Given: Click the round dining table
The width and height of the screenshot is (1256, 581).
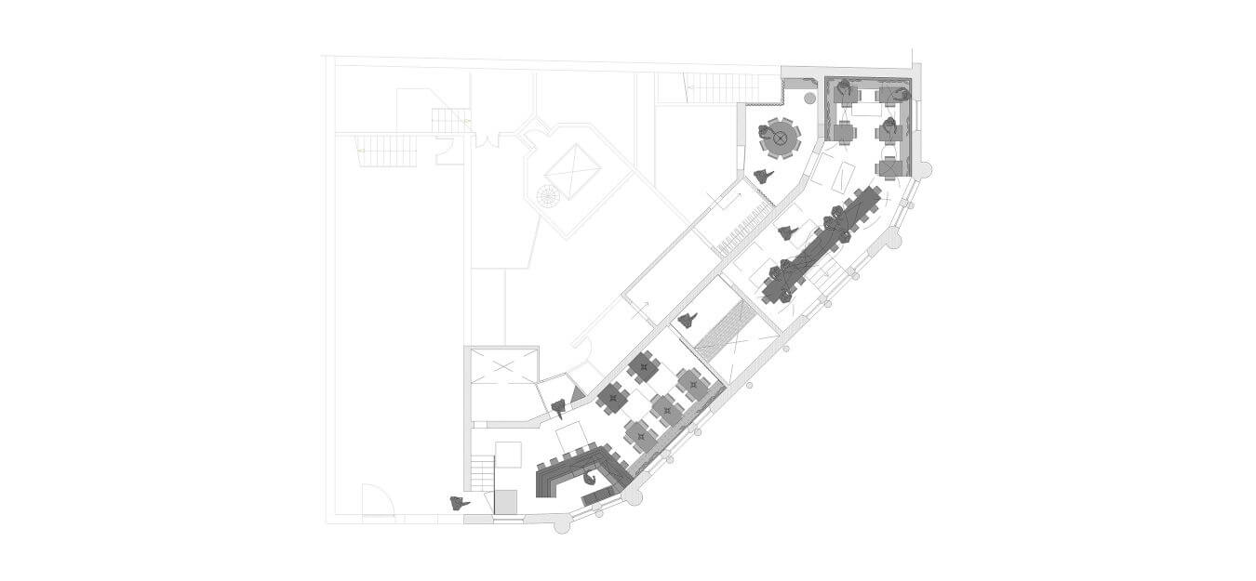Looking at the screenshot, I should point(781,140).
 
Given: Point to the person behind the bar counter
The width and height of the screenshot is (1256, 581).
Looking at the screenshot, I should point(589,479).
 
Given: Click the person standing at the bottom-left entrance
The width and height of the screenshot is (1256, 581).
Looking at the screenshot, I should point(458,503).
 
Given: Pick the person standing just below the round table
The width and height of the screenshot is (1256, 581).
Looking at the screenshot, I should point(764,175).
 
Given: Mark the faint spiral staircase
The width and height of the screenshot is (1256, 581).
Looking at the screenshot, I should point(548,196).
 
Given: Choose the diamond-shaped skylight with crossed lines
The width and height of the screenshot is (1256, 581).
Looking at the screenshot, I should point(573,171).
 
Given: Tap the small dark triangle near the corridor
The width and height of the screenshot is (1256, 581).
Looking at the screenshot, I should point(577,395).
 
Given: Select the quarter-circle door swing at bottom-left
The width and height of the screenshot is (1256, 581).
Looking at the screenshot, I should point(377,502).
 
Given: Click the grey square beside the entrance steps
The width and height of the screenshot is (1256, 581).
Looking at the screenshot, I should point(505,502).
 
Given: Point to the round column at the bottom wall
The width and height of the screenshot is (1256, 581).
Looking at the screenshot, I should point(562,525).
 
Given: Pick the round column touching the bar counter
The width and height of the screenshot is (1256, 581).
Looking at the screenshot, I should point(634,495).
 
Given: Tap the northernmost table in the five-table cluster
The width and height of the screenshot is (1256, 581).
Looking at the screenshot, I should point(643,366).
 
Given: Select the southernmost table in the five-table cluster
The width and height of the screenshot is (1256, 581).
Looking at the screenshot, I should point(639,433).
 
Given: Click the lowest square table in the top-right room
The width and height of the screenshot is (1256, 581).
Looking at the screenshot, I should point(889,166).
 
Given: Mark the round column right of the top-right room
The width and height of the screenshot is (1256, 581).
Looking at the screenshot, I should point(922,169).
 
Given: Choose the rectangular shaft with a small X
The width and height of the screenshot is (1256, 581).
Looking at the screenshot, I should point(504,382).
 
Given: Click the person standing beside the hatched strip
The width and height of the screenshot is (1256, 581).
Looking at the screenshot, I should point(688,321).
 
